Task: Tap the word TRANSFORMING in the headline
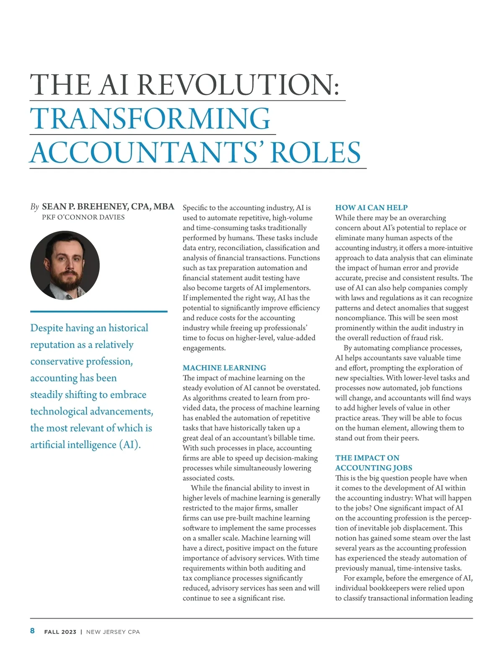pyautogui.click(x=150, y=119)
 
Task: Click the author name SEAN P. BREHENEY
pyautogui.click(x=85, y=207)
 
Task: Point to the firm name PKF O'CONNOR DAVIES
pyautogui.click(x=83, y=217)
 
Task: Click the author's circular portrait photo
pyautogui.click(x=65, y=265)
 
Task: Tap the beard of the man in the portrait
pyautogui.click(x=66, y=280)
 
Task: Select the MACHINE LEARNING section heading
pyautogui.click(x=224, y=368)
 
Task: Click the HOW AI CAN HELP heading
pyautogui.click(x=371, y=207)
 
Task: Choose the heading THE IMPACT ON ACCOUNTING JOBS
pyautogui.click(x=373, y=463)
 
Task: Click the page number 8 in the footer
pyautogui.click(x=32, y=631)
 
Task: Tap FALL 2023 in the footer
pyautogui.click(x=60, y=632)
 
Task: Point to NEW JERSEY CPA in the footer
pyautogui.click(x=113, y=632)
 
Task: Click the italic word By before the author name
pyautogui.click(x=34, y=207)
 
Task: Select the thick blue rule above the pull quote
pyautogui.click(x=99, y=311)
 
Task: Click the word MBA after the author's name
pyautogui.click(x=164, y=207)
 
